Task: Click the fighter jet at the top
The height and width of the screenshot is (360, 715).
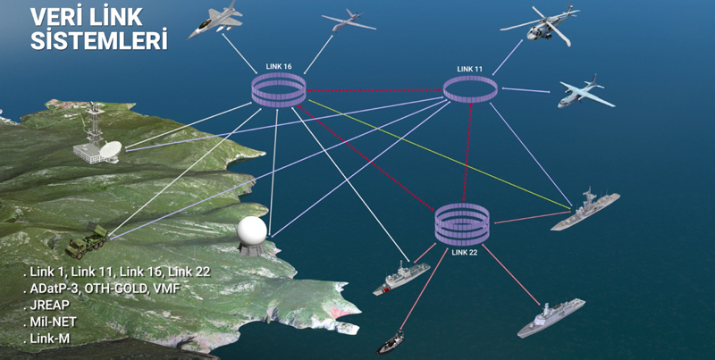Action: [215, 21]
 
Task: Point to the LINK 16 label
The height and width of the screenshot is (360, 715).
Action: [279, 66]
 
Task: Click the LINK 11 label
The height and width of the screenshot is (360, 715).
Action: [469, 69]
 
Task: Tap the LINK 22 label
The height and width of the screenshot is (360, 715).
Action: [466, 252]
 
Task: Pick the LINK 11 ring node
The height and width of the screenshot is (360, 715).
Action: [470, 88]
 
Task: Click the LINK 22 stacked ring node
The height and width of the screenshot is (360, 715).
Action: [461, 223]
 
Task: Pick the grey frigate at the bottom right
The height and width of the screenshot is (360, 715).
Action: [550, 319]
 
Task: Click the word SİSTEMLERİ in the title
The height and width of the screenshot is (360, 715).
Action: [99, 40]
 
